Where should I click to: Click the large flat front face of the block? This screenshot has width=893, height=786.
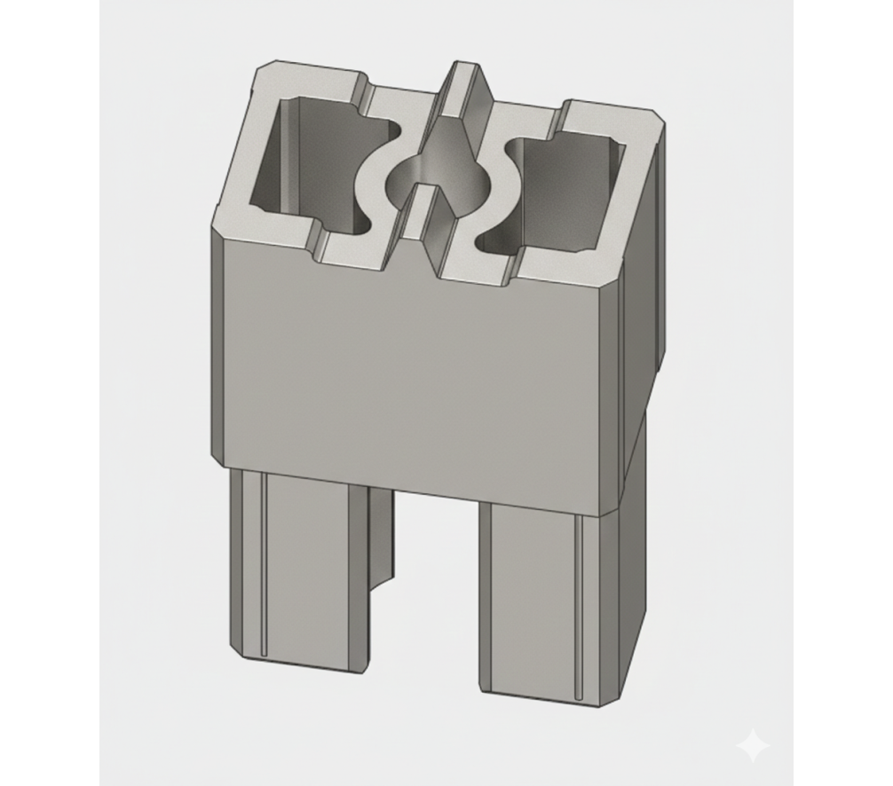pos(417,373)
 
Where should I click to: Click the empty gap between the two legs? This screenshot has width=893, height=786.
pos(435,586)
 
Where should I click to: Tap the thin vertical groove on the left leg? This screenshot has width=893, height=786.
pos(264,568)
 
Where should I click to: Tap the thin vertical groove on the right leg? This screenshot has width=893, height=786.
pos(576,603)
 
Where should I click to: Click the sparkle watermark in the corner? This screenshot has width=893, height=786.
pos(754,746)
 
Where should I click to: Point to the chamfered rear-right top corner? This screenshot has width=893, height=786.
pos(659,120)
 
